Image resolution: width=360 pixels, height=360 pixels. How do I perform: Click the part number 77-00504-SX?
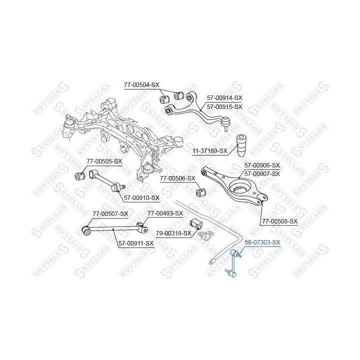click(x=141, y=85)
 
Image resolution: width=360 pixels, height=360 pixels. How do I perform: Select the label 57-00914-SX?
click(x=224, y=98)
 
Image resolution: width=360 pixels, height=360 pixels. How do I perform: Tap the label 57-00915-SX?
click(x=224, y=107)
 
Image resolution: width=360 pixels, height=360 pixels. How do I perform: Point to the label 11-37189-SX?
click(x=210, y=150)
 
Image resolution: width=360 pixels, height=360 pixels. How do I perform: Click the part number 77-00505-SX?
click(x=104, y=161)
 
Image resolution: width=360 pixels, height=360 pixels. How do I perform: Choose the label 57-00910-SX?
click(x=141, y=197)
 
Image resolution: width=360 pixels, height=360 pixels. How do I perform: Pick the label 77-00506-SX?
click(x=177, y=178)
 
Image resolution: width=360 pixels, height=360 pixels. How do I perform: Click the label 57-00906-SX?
click(x=262, y=165)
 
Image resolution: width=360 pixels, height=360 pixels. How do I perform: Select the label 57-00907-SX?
click(x=262, y=173)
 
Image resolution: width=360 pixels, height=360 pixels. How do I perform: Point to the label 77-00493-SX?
click(x=165, y=213)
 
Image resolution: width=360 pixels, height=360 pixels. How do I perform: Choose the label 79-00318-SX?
click(x=173, y=233)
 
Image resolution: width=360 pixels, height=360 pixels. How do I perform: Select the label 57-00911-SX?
click(x=136, y=243)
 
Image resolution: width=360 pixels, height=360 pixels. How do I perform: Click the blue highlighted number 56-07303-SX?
click(x=262, y=242)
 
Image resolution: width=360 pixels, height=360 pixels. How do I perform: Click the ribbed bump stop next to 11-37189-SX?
click(x=241, y=145)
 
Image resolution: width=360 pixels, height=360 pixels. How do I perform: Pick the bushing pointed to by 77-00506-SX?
click(x=201, y=192)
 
